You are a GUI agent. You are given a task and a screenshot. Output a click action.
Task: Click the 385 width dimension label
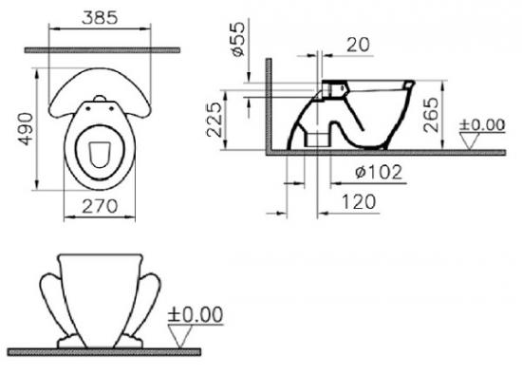100,18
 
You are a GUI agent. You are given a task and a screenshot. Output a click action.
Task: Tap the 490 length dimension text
26,129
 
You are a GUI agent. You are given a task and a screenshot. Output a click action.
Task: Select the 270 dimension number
100,206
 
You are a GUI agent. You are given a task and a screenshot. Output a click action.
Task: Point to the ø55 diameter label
238,39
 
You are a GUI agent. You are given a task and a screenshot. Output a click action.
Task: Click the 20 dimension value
358,45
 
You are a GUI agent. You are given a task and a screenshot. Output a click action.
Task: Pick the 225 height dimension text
214,120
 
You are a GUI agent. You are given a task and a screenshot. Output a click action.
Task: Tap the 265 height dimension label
432,115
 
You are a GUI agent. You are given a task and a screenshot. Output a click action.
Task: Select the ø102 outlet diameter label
379,172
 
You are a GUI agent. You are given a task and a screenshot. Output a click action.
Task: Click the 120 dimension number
359,202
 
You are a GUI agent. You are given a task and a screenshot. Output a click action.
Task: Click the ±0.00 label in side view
482,125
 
